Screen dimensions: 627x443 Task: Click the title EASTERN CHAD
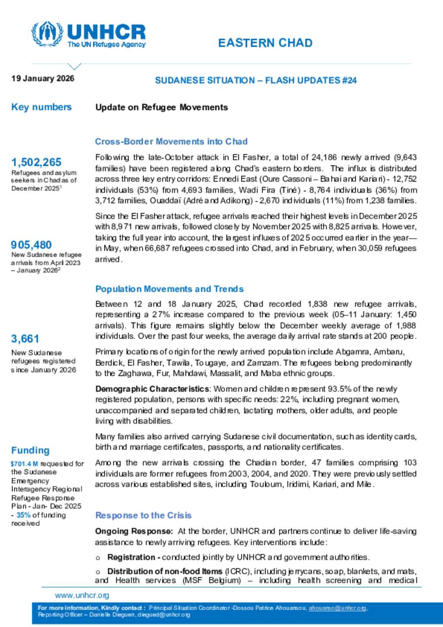pyautogui.click(x=265, y=43)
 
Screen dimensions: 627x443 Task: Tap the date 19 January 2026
pyautogui.click(x=43, y=78)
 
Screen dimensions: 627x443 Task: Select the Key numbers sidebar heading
pyautogui.click(x=41, y=107)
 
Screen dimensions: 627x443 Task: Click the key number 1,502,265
pyautogui.click(x=36, y=162)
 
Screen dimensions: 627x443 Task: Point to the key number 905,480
pyautogui.click(x=31, y=245)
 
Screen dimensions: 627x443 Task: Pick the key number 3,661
pyautogui.click(x=25, y=339)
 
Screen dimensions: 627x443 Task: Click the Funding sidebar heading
pyautogui.click(x=30, y=450)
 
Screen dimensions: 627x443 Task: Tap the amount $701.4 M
pyautogui.click(x=24, y=464)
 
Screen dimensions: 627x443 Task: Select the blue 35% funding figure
pyautogui.click(x=23, y=515)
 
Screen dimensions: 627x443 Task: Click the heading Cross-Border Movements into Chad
pyautogui.click(x=171, y=141)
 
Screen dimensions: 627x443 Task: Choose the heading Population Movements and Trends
pyautogui.click(x=169, y=289)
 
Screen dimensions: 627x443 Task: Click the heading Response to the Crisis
pyautogui.click(x=143, y=515)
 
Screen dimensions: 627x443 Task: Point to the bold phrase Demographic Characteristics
pyautogui.click(x=152, y=389)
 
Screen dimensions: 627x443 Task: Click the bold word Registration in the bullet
pyautogui.click(x=131, y=557)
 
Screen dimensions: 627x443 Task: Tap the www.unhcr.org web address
pyautogui.click(x=82, y=595)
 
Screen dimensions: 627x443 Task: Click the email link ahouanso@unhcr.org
pyautogui.click(x=337, y=608)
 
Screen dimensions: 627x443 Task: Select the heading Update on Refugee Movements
pyautogui.click(x=161, y=107)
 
